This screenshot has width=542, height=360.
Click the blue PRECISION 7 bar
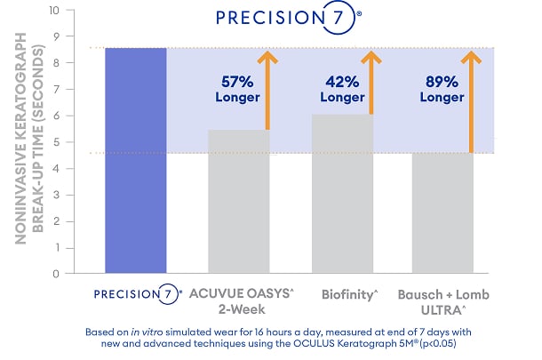tap(136, 160)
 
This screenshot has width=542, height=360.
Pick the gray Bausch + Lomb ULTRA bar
tap(442, 212)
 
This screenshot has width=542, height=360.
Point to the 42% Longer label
tap(342, 90)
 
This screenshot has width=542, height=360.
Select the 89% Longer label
tap(442, 90)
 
